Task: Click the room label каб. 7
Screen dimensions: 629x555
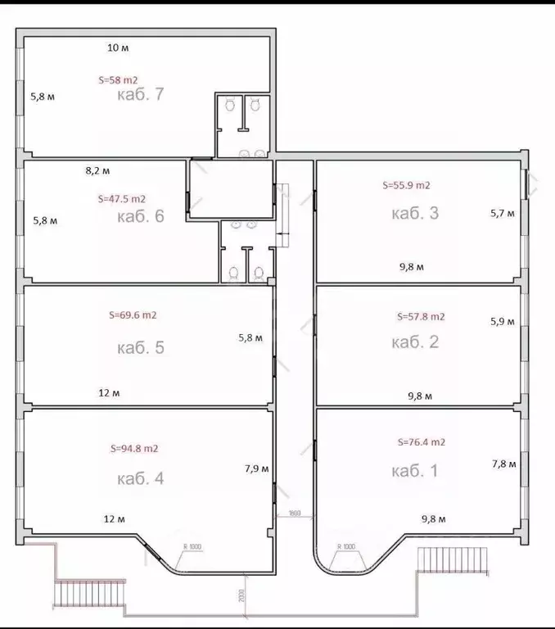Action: pos(142,94)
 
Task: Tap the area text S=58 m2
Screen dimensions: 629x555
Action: pos(118,80)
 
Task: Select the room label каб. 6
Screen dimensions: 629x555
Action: pos(141,216)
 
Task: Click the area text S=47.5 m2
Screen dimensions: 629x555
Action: pos(121,198)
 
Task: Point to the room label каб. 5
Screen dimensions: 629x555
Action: pos(141,347)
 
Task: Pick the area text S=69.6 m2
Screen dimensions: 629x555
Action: pos(133,314)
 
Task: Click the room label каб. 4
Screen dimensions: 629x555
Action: pos(141,478)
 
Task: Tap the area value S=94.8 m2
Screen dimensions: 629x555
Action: pos(134,449)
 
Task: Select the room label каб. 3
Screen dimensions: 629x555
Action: pos(416,214)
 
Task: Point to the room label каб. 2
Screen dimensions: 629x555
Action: pos(416,342)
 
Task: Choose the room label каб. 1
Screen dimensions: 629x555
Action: pos(416,471)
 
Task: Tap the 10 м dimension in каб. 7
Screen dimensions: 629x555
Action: pos(118,48)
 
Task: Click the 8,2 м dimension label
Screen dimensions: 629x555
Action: pos(98,171)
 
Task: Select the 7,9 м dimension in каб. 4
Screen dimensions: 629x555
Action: pos(256,469)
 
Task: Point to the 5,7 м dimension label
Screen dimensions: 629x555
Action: pos(503,214)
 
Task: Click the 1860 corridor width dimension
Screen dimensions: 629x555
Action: pos(294,514)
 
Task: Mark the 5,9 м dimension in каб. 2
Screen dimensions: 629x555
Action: pos(503,322)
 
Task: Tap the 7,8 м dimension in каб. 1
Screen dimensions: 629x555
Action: pos(503,464)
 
